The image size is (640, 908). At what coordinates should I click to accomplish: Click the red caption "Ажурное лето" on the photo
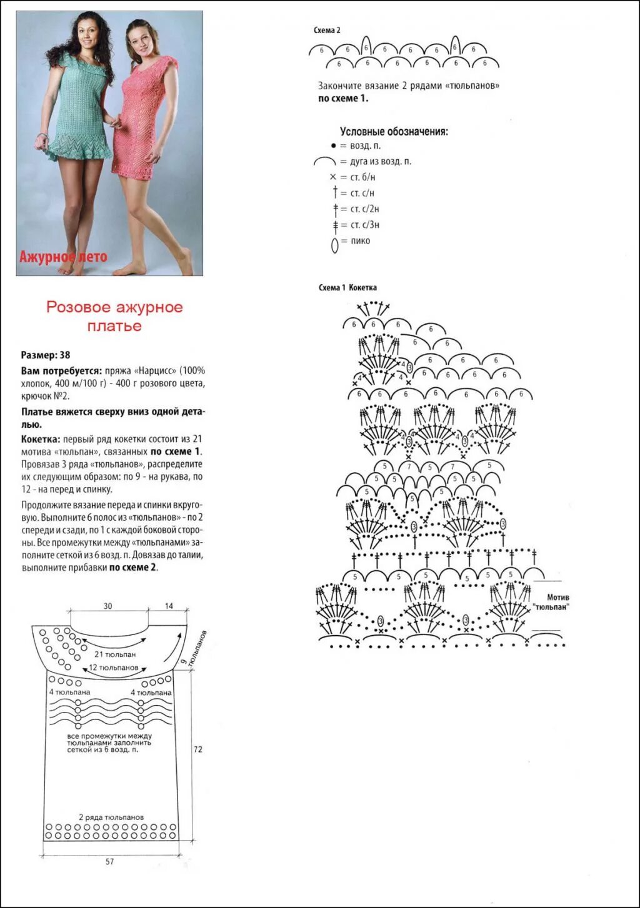tap(63, 256)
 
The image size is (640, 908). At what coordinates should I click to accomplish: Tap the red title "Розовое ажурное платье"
tap(114, 316)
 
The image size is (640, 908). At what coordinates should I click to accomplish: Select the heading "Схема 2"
tap(327, 31)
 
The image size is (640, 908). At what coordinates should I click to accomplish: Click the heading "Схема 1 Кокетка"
tap(347, 288)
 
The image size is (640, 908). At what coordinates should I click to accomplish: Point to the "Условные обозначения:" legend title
tap(394, 132)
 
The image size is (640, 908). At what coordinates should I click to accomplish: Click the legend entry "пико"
tap(360, 241)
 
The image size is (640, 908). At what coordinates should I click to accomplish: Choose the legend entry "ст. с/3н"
tap(364, 225)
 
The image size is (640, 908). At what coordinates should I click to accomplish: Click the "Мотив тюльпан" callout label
tap(551, 602)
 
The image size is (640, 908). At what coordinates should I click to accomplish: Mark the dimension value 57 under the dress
tap(110, 862)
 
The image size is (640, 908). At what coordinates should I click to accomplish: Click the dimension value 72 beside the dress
tap(197, 749)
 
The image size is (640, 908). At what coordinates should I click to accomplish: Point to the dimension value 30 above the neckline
tap(108, 606)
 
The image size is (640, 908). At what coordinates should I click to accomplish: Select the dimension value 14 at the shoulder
tap(169, 606)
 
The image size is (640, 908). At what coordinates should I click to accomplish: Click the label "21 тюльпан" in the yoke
tap(115, 654)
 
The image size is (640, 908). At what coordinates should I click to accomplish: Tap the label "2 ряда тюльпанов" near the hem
tap(111, 817)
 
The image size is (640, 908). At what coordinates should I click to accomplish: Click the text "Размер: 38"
tap(46, 355)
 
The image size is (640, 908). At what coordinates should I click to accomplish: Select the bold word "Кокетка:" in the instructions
tap(41, 440)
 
